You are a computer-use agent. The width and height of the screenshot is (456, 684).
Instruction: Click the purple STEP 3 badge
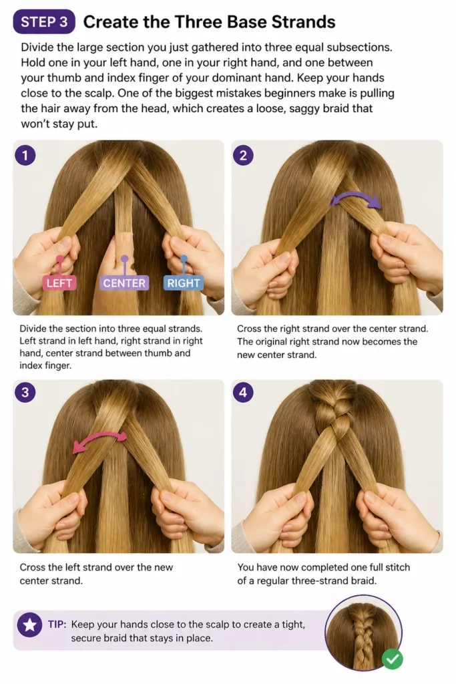tap(44, 22)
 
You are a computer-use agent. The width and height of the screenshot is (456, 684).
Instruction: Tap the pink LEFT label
tap(59, 283)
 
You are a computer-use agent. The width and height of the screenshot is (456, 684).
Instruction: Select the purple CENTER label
tap(124, 283)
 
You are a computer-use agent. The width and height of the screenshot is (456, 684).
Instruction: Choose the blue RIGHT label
tap(184, 283)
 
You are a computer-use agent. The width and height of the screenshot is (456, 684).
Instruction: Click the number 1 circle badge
tap(25, 155)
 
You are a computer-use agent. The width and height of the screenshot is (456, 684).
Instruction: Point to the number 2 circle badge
tap(243, 155)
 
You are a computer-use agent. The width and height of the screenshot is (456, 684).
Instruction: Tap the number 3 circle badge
tap(25, 392)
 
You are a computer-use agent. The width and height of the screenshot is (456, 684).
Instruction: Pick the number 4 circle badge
tap(243, 392)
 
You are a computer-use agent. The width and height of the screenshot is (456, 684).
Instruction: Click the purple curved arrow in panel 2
tap(355, 195)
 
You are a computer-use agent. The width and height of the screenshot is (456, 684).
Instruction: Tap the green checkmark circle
tap(393, 658)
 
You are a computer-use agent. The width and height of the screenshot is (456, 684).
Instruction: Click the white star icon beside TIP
tap(29, 625)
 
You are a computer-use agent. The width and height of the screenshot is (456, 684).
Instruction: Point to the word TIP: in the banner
tap(57, 625)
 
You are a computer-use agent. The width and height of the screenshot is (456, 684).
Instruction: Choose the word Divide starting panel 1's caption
tap(32, 329)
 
